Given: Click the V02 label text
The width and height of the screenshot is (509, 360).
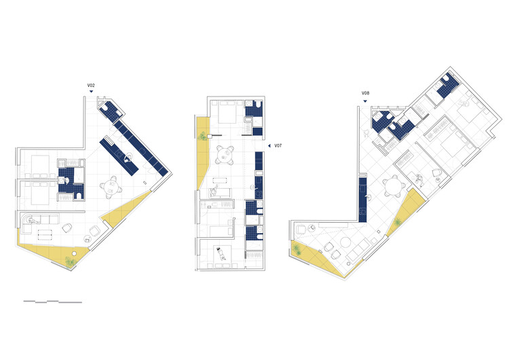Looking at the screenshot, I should pos(91,85).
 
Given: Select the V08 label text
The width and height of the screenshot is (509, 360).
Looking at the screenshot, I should pos(365,93).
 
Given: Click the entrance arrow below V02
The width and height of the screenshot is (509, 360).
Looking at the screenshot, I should pos(91,92).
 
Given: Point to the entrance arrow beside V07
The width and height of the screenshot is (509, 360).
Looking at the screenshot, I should pos(268,145).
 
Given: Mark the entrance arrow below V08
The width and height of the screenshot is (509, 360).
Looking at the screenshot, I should pos(365,101).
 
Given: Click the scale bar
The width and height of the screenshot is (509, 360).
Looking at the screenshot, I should pos(52,300).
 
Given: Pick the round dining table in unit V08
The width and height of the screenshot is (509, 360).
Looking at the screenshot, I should pos(392,185).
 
